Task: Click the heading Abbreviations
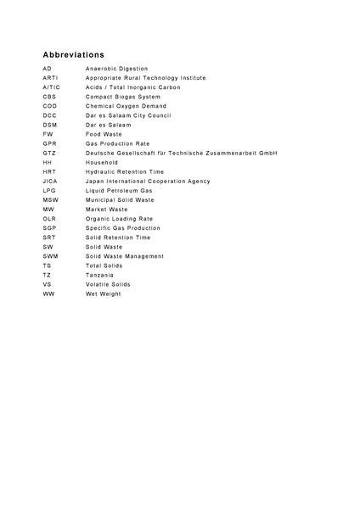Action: click(74, 53)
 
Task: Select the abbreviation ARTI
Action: click(50, 78)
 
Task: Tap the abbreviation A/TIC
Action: click(52, 87)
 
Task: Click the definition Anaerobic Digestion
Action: click(116, 69)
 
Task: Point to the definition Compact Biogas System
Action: click(121, 97)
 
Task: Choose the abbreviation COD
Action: click(49, 106)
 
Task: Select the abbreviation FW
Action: click(48, 134)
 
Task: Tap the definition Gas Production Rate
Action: click(117, 143)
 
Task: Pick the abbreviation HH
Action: click(47, 162)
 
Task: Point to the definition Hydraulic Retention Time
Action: click(125, 171)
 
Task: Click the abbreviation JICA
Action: click(50, 181)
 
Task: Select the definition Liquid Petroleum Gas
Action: click(119, 190)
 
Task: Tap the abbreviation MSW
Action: click(50, 199)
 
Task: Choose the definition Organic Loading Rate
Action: click(119, 219)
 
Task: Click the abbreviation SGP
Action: click(49, 228)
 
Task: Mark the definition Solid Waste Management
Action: click(125, 256)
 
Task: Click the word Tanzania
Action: click(101, 275)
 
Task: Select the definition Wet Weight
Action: click(103, 294)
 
